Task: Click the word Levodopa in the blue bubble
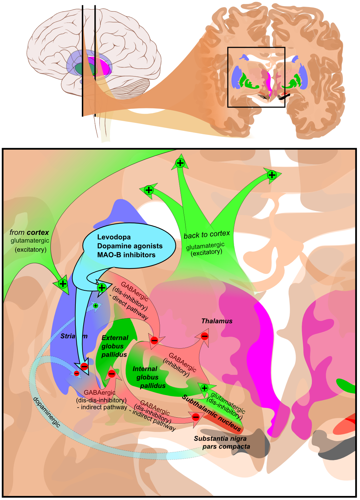pos(114,237)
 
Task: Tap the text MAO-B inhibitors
pos(126,255)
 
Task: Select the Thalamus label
pos(217,321)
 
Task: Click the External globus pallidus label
pos(114,346)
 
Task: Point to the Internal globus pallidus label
pos(149,377)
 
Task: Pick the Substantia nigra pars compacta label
pos(222,442)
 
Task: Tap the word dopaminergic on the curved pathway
pos(46,412)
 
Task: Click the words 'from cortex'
pos(29,233)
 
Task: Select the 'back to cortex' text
pos(207,235)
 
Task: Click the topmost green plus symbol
pos(180,163)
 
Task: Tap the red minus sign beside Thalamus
pos(204,336)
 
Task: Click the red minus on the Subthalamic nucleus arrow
pos(196,417)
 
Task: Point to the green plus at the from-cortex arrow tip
pos(63,283)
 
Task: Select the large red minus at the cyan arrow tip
pos(84,366)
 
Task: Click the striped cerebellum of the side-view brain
pos(130,88)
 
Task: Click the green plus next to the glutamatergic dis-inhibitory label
pos(204,388)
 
